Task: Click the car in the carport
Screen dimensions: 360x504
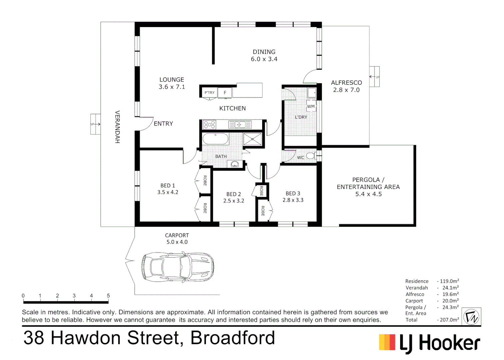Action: (178, 267)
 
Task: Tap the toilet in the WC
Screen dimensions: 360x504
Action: (310, 156)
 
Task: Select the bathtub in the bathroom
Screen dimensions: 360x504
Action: (216, 139)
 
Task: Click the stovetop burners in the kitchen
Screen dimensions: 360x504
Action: (210, 125)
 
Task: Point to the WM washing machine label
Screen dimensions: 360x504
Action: (311, 106)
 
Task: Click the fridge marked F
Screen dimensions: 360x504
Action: (225, 93)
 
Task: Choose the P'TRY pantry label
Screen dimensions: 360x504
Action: (210, 93)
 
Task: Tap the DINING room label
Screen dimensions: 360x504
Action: (264, 52)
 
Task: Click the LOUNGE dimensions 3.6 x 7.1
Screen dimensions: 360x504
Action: (172, 87)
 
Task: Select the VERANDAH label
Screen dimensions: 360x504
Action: (117, 127)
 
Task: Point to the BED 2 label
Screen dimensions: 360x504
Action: (234, 194)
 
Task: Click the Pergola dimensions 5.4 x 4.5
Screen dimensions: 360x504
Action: (368, 194)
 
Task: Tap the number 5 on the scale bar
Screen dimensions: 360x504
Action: (108, 296)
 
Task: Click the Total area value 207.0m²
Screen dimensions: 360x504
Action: (448, 320)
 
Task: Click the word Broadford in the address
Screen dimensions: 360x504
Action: (233, 338)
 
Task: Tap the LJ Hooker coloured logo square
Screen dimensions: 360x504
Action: (387, 342)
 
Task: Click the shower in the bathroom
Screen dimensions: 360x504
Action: (252, 139)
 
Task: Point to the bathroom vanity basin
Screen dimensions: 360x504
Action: (235, 164)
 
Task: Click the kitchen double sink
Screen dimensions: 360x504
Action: (240, 125)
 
